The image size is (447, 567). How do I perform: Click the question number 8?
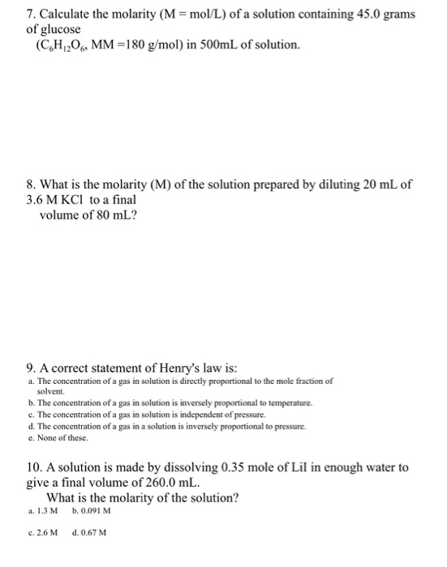tap(30, 185)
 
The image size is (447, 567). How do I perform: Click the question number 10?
tap(33, 468)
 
